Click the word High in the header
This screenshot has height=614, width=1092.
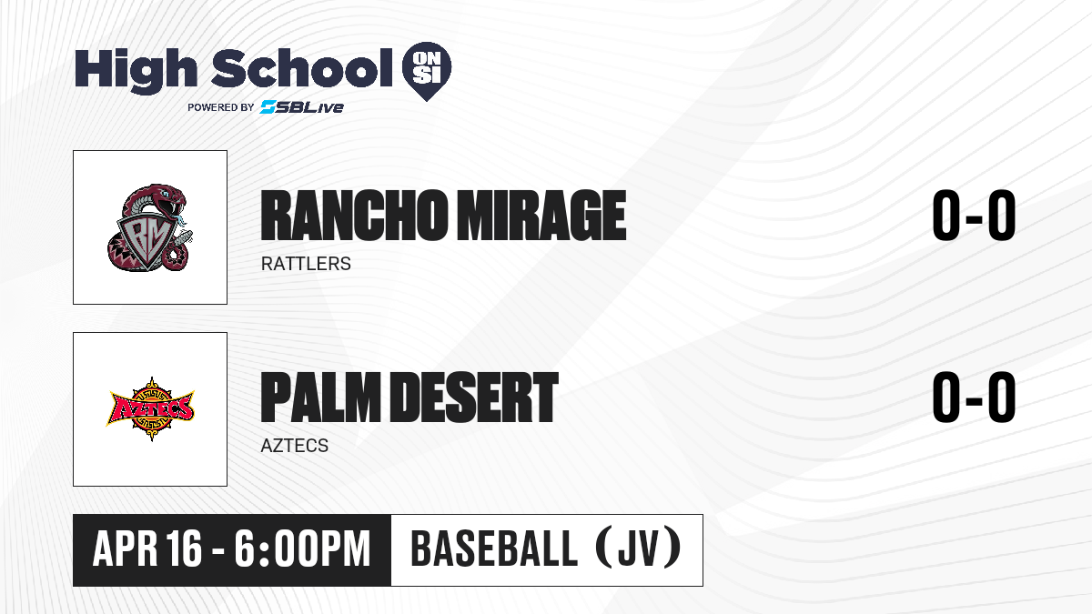(136, 70)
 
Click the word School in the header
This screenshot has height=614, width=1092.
(302, 67)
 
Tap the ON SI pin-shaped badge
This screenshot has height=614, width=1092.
(427, 71)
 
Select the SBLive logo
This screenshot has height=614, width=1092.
(301, 107)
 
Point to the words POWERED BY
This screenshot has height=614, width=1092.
(221, 107)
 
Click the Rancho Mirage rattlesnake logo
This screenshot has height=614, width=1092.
(149, 227)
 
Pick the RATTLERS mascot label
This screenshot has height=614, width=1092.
(306, 264)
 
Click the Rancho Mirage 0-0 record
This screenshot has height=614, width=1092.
(974, 215)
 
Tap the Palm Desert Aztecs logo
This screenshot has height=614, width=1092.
(150, 408)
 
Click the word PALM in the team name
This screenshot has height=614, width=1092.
(320, 398)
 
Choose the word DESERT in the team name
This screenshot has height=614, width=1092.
(474, 398)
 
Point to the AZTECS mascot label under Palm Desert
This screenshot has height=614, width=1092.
(295, 446)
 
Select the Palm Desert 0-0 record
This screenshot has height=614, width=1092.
(974, 397)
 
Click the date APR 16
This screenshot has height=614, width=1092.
(147, 549)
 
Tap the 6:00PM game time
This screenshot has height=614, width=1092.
(302, 549)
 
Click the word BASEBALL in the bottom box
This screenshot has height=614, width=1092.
(494, 549)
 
